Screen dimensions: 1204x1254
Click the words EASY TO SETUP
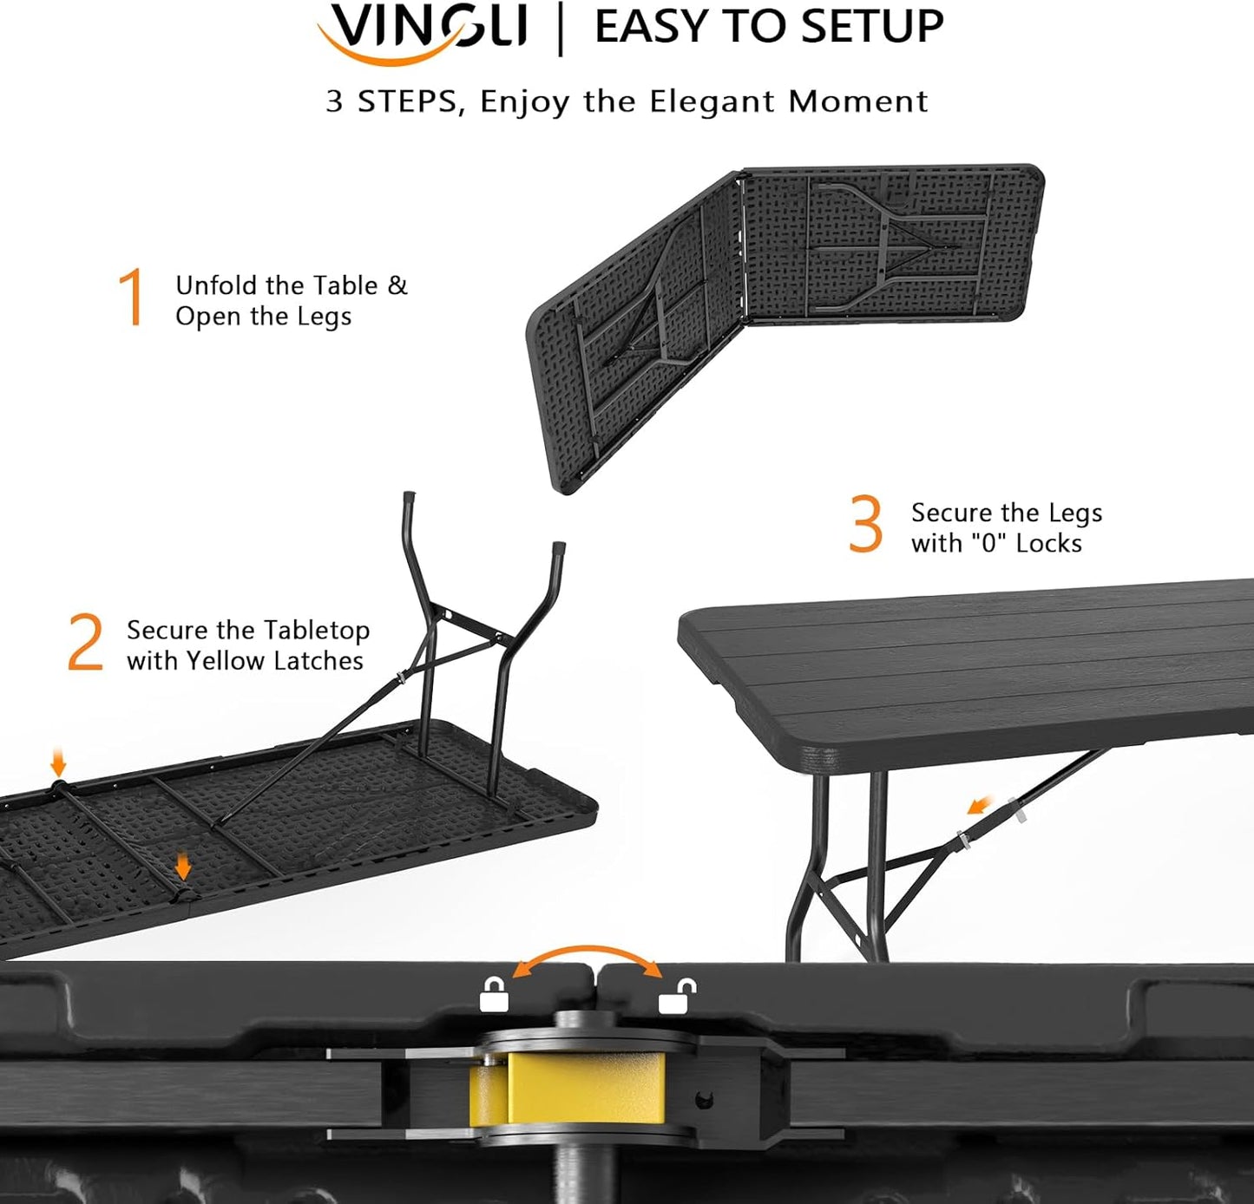tap(769, 26)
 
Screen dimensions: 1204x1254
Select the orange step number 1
tap(132, 298)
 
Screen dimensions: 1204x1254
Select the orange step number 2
tap(85, 643)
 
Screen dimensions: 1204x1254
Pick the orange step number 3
tap(865, 524)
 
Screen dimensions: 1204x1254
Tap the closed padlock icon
tap(494, 997)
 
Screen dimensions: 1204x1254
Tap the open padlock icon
tap(676, 997)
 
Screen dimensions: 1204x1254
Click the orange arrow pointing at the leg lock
tap(982, 807)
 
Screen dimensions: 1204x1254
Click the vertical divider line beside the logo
tap(561, 28)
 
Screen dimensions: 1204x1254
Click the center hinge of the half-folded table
tap(741, 252)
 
